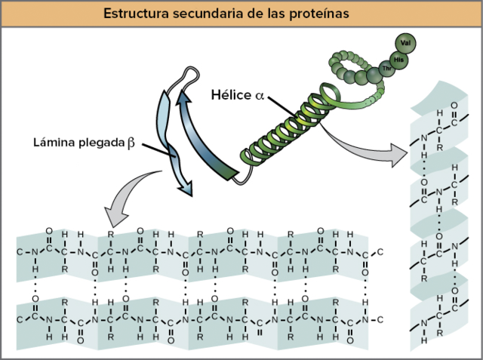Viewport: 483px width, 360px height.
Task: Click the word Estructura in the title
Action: (x=135, y=14)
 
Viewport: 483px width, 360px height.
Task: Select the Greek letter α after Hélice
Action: (x=260, y=97)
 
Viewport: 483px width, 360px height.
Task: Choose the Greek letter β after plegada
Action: (x=132, y=142)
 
